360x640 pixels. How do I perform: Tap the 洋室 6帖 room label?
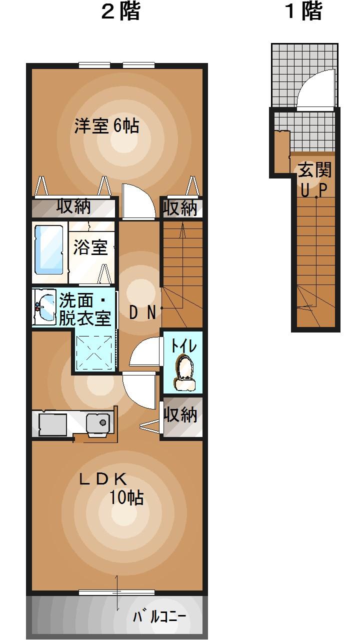[106, 125]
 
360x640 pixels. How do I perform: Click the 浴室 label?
[90, 247]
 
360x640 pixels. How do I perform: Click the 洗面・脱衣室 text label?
[85, 309]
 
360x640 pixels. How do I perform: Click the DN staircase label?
[143, 312]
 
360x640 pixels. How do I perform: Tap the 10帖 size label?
[127, 498]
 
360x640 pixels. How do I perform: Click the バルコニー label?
[159, 616]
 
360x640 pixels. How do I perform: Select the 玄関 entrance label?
[315, 170]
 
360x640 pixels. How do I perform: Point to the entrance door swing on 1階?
[317, 90]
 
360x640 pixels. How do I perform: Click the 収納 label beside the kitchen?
[181, 415]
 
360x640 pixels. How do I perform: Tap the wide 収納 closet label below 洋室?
[73, 206]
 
